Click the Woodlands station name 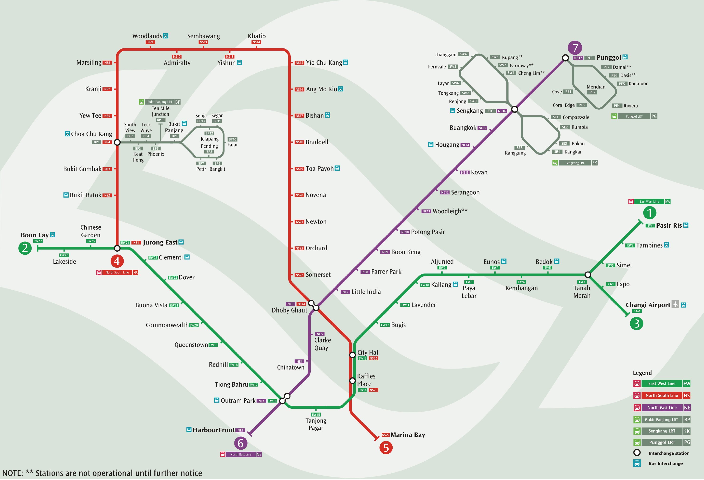[147, 36]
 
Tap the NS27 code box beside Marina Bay [386, 435]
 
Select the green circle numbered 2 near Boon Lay [25, 248]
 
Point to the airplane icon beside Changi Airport [675, 304]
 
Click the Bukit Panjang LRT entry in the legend [662, 420]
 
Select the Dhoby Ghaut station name [289, 310]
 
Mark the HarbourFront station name [214, 430]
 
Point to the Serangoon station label [465, 192]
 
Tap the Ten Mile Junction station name [161, 111]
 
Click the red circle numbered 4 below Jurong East [117, 261]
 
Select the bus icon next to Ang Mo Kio [341, 89]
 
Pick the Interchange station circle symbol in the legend [637, 453]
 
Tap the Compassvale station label [576, 117]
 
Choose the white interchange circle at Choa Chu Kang [117, 142]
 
